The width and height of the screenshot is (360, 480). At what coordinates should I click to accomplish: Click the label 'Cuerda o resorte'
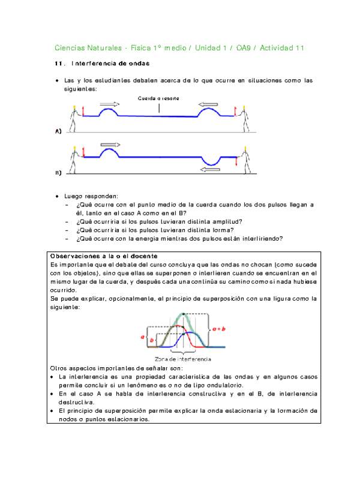(x=158, y=98)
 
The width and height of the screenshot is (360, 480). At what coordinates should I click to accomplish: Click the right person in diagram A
(x=244, y=119)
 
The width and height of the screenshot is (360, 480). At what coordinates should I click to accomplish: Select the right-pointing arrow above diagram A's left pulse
(x=109, y=104)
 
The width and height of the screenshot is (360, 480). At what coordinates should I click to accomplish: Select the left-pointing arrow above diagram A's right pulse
(x=209, y=104)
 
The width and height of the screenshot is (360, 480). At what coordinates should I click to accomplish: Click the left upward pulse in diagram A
(x=108, y=112)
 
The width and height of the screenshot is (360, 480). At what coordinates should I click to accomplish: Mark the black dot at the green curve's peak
(x=183, y=313)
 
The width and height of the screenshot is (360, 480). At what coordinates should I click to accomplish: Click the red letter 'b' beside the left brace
(x=151, y=341)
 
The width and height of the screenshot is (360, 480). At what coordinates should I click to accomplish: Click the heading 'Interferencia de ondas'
(x=110, y=63)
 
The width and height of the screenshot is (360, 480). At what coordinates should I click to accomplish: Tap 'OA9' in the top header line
(x=244, y=47)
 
